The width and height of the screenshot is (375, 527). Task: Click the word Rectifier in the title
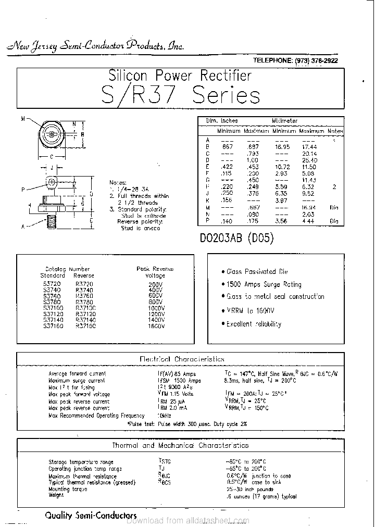(x=218, y=76)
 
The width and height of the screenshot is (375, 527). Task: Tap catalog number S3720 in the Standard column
(x=52, y=284)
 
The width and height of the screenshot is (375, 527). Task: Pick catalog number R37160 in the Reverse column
(x=85, y=326)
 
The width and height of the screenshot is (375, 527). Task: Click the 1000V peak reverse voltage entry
(x=156, y=308)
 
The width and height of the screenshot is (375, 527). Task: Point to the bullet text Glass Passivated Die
(x=257, y=271)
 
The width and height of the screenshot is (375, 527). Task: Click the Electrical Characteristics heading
(x=182, y=359)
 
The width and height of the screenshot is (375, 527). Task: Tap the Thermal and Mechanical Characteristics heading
(x=180, y=445)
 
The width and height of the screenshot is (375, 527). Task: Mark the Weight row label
(x=56, y=495)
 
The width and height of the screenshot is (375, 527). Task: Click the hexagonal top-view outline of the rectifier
(x=52, y=134)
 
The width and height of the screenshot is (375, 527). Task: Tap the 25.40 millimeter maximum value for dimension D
(x=309, y=160)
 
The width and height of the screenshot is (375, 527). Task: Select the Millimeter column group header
(x=284, y=121)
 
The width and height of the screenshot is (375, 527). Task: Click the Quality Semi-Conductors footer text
(x=91, y=516)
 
